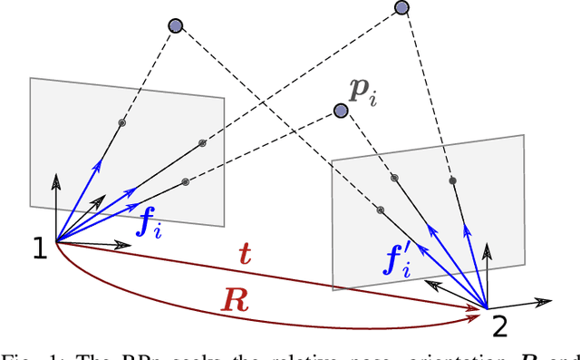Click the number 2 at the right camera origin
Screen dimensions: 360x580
tap(499, 323)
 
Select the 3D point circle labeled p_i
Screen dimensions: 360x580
tap(341, 111)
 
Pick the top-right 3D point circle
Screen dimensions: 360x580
tap(401, 8)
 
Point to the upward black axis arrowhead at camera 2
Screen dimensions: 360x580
tap(489, 247)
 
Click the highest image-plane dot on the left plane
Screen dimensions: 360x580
tap(122, 122)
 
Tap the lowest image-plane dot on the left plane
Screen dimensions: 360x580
tap(185, 181)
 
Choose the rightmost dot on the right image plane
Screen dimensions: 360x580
tap(452, 180)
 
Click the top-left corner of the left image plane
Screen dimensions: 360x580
tap(31, 79)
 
